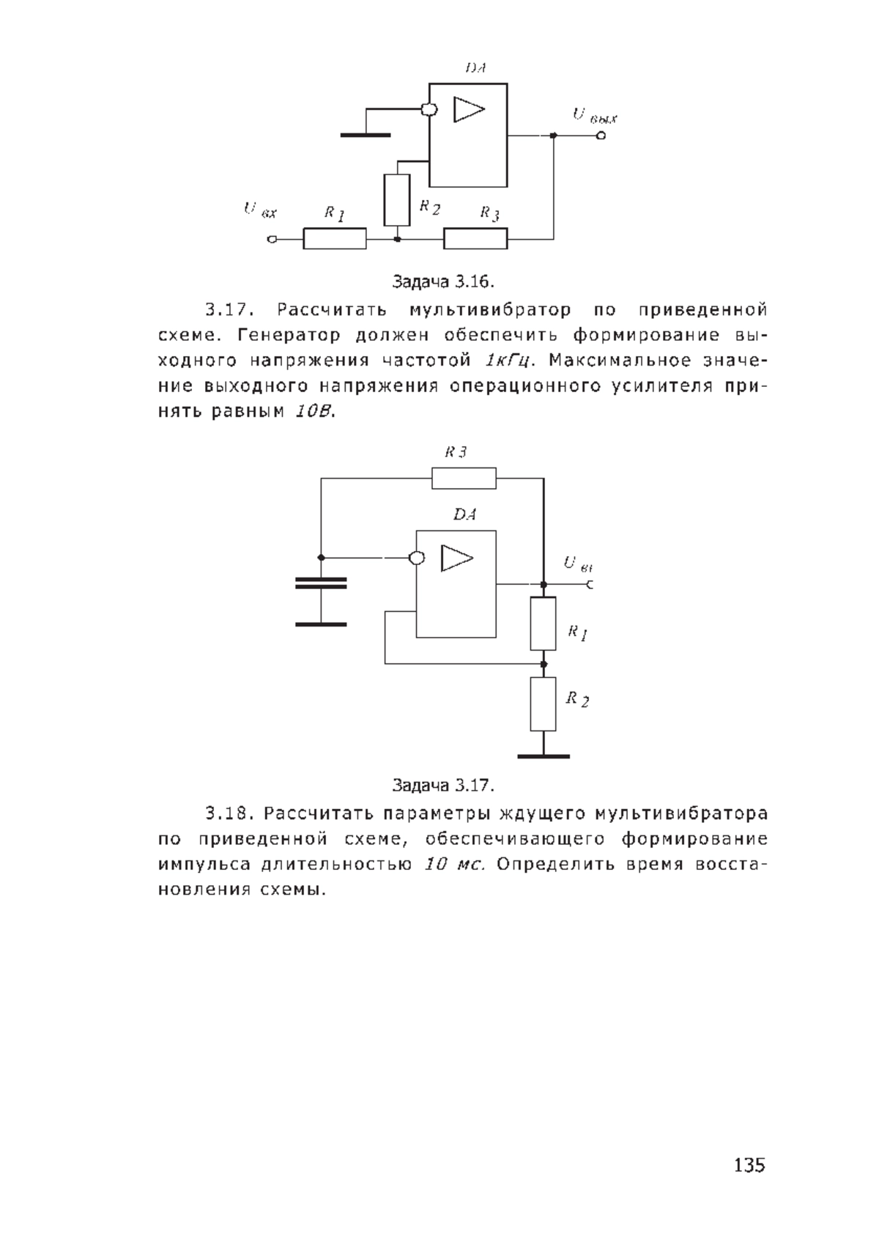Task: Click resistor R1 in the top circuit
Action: (334, 238)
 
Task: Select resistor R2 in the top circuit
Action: (396, 200)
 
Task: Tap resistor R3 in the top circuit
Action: (475, 238)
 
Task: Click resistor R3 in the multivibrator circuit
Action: (464, 478)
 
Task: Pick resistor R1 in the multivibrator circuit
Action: (543, 624)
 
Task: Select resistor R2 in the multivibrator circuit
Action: (543, 704)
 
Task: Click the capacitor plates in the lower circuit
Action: (321, 583)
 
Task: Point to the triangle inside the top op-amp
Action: (469, 109)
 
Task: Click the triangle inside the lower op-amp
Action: (457, 558)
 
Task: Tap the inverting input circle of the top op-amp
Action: (429, 110)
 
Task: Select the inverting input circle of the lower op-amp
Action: (417, 558)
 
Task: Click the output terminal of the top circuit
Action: (601, 136)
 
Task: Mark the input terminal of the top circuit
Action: (272, 240)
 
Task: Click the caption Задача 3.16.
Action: (443, 281)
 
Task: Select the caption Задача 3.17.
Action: (443, 785)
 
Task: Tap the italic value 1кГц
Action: (506, 361)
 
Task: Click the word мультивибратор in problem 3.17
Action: (490, 310)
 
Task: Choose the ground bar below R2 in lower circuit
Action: (543, 756)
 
